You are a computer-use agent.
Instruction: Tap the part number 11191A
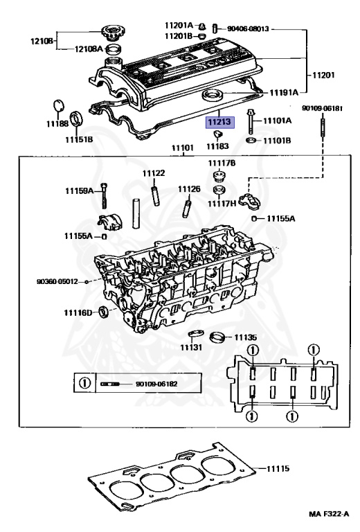[284, 91]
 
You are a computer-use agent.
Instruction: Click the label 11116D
[79, 313]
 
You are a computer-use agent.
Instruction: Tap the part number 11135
[245, 337]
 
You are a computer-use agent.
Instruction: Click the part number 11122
[154, 173]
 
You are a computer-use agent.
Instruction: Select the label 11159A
[80, 190]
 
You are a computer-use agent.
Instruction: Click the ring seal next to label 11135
[219, 339]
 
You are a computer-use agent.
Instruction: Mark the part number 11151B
[80, 139]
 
